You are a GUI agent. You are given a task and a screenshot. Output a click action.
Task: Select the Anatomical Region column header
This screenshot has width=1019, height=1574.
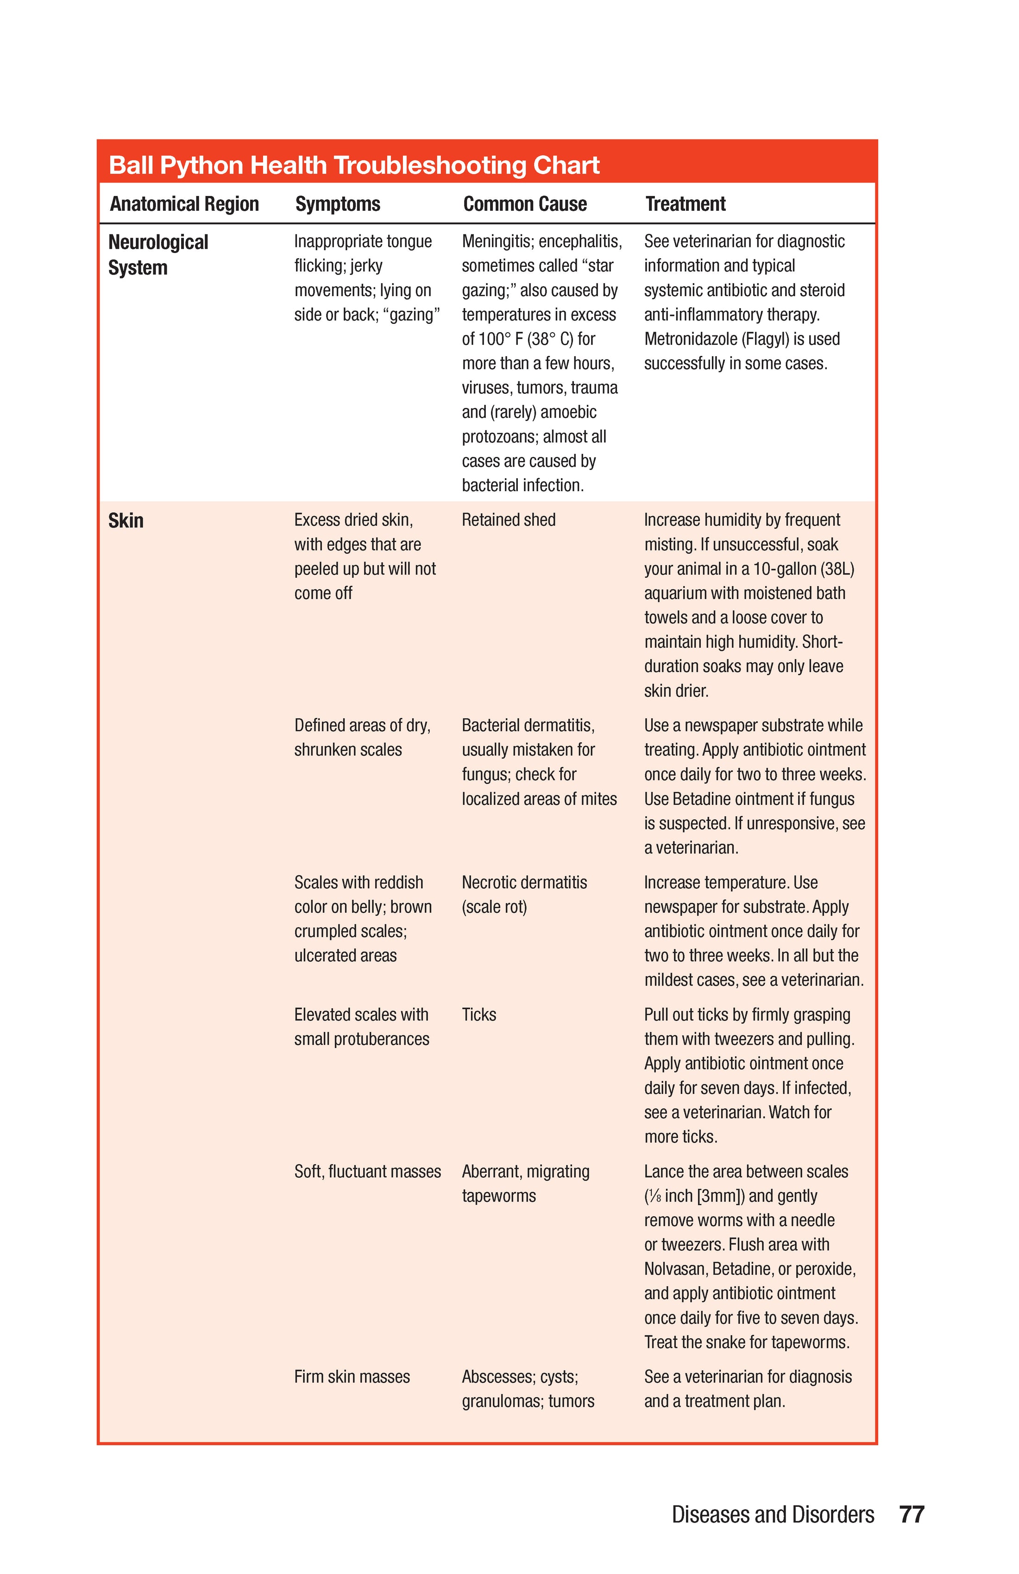184,204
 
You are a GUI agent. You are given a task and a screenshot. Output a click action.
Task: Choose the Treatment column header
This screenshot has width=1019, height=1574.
685,204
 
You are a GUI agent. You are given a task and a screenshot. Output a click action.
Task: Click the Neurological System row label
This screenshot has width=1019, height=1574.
157,255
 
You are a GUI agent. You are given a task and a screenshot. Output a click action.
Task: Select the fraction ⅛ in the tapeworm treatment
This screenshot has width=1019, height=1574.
654,1196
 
